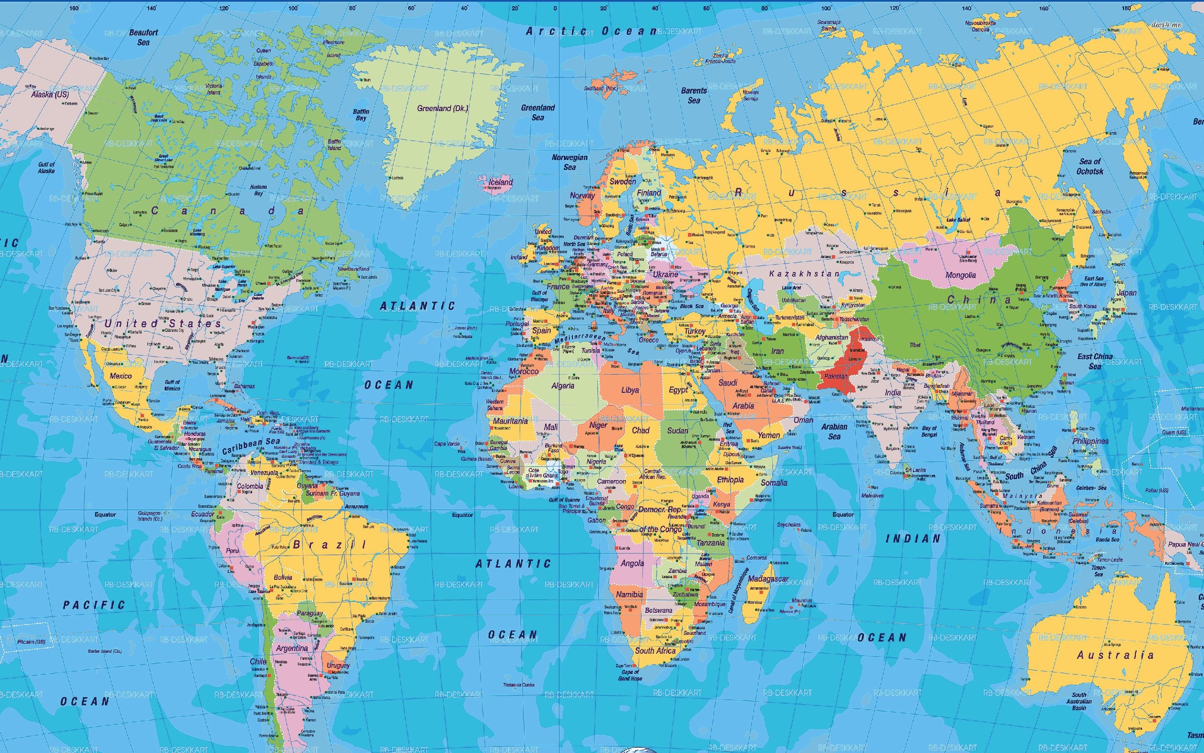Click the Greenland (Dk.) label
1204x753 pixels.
click(x=442, y=108)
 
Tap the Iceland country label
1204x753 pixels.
click(x=500, y=182)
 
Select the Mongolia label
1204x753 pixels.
click(x=960, y=275)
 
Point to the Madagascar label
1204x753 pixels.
click(x=768, y=579)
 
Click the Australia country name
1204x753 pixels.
click(x=1115, y=655)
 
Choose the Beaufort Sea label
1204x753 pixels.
click(x=143, y=37)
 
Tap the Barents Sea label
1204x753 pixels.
click(x=694, y=95)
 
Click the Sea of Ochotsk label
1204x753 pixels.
click(x=1090, y=166)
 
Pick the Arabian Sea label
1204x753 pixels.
click(x=834, y=431)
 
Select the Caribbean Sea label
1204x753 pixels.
click(x=251, y=446)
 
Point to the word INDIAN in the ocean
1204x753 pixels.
click(x=913, y=538)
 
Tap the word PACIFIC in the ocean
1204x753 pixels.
click(x=94, y=605)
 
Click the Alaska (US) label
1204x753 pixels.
click(x=50, y=94)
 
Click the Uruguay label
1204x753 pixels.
click(x=338, y=665)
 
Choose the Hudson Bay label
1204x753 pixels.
click(x=258, y=190)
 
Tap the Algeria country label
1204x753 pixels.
click(x=562, y=385)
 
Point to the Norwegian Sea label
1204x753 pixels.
click(x=569, y=162)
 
